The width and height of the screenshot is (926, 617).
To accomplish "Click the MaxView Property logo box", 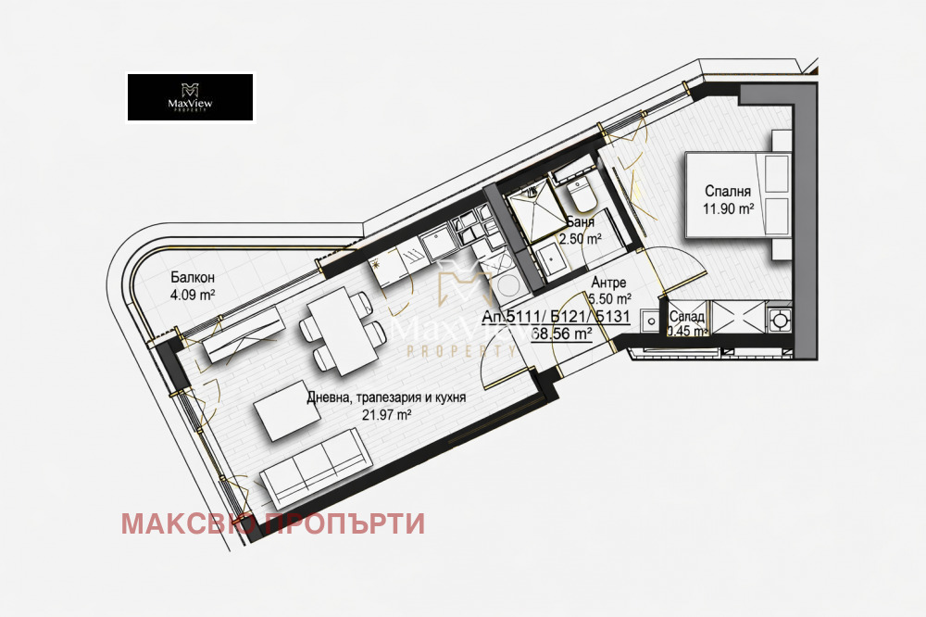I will pyautogui.click(x=190, y=97).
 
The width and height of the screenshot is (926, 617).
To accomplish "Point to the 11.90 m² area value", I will pyautogui.click(x=728, y=209).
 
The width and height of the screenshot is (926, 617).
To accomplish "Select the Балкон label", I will pyautogui.click(x=193, y=277).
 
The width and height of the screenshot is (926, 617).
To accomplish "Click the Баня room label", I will pyautogui.click(x=582, y=223).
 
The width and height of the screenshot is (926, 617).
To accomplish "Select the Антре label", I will pyautogui.click(x=609, y=283).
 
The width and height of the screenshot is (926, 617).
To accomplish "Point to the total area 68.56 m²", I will pyautogui.click(x=562, y=334).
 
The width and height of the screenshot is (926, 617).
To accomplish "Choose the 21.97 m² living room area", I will pyautogui.click(x=386, y=415).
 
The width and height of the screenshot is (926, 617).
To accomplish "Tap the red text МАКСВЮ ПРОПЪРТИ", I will pyautogui.click(x=273, y=524).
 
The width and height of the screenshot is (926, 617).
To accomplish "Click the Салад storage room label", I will pyautogui.click(x=686, y=316).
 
